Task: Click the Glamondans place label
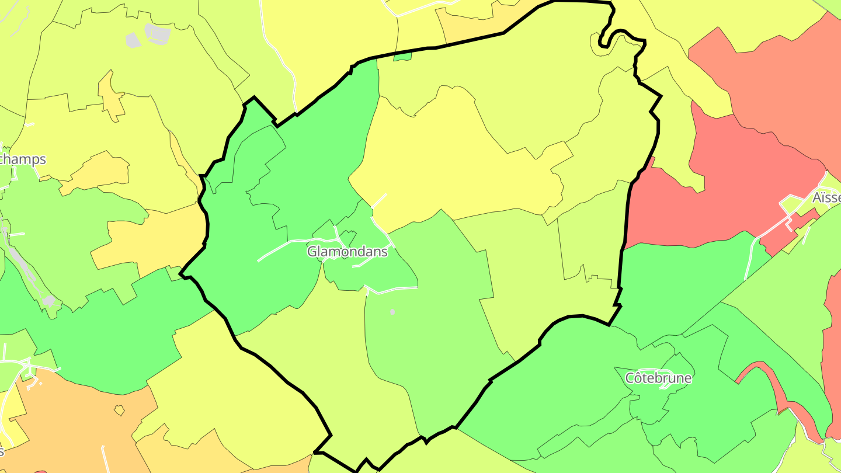(347, 252)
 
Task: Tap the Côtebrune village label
(658, 378)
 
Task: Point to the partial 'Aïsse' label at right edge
(826, 198)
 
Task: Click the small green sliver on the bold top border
(402, 57)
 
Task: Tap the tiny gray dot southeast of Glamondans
(392, 312)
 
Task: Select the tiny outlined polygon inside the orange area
(119, 411)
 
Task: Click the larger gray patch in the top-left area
(158, 33)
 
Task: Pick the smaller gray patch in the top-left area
(133, 40)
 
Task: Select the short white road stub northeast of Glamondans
(380, 200)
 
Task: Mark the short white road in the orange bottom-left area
(104, 458)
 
